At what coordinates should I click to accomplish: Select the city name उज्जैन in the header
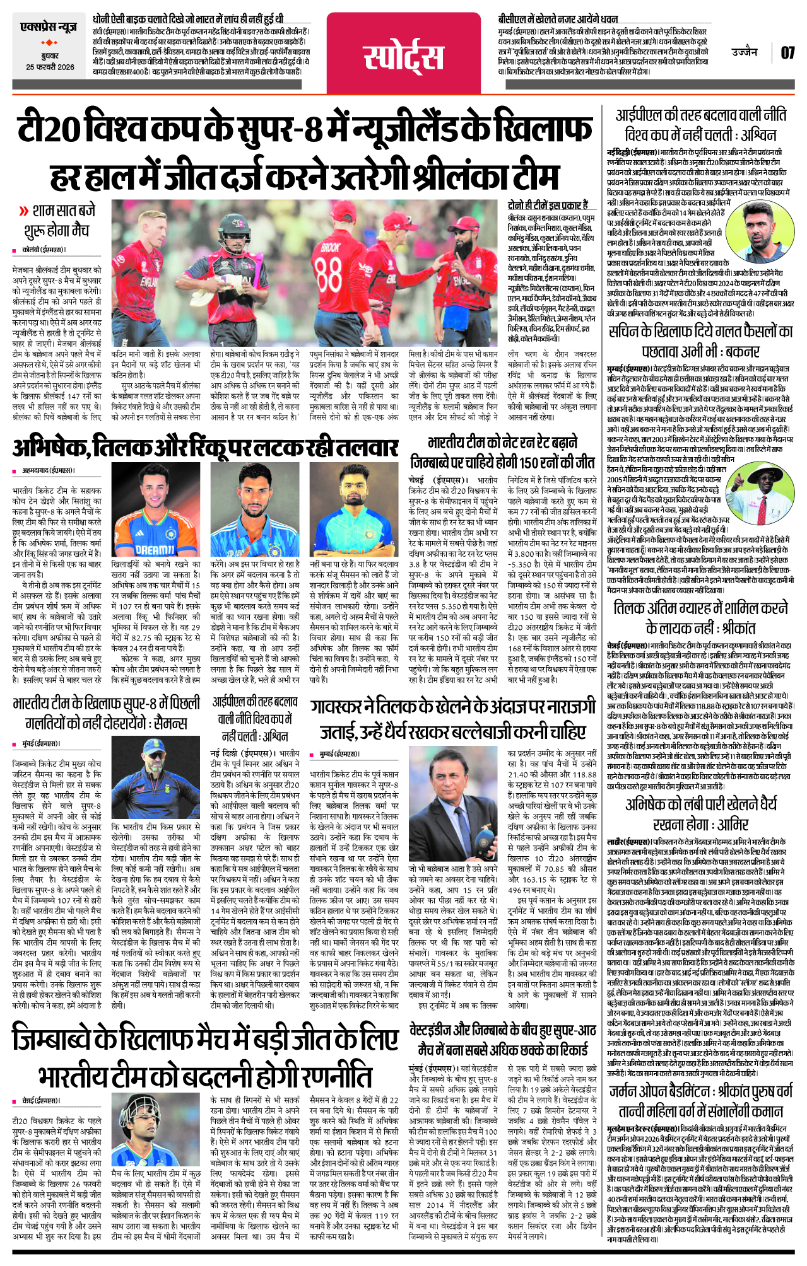[x=744, y=52]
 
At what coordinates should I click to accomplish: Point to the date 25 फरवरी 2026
[x=50, y=67]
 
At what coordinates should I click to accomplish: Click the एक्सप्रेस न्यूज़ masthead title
[x=49, y=26]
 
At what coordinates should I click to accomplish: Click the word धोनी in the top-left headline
[x=104, y=19]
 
